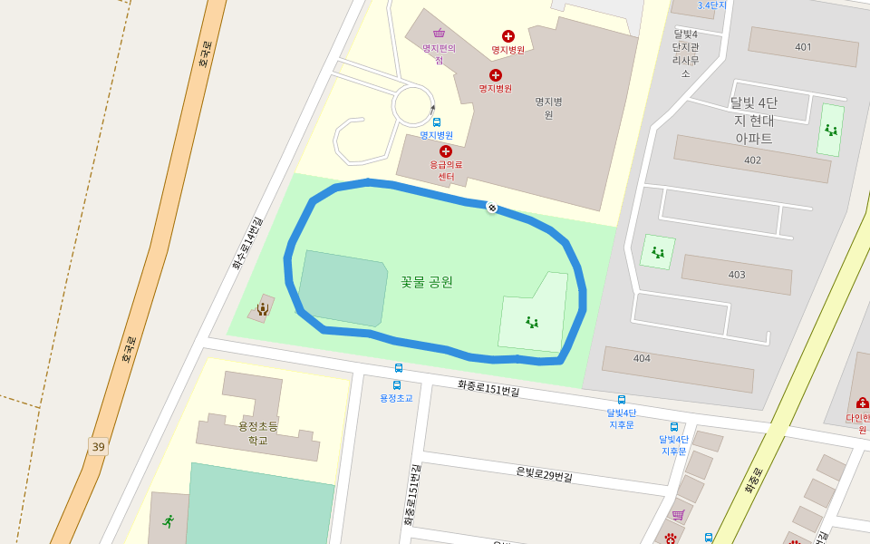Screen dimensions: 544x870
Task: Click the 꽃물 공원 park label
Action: (426, 282)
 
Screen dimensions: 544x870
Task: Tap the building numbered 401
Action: (803, 46)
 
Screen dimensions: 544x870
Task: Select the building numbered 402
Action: (752, 160)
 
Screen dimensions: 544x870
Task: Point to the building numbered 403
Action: (736, 274)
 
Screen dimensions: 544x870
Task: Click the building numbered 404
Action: (642, 358)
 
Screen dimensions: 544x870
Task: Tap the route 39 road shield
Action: (98, 447)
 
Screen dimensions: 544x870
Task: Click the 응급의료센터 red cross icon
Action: (446, 151)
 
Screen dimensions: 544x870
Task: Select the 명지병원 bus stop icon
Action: (437, 122)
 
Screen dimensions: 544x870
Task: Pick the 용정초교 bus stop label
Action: (396, 398)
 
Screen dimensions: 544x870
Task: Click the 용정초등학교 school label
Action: (258, 432)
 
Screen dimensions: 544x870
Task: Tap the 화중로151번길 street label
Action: (488, 389)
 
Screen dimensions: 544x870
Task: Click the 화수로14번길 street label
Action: (246, 243)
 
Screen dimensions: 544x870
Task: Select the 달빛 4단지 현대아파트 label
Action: (753, 120)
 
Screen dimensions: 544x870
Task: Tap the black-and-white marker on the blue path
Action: (492, 208)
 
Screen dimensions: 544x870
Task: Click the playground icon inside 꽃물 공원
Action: (532, 322)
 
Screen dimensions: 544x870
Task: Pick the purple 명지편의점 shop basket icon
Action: (439, 34)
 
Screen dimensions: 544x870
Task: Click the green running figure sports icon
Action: (168, 521)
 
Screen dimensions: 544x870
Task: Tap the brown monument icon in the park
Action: (262, 309)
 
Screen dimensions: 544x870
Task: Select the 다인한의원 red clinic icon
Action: (862, 402)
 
